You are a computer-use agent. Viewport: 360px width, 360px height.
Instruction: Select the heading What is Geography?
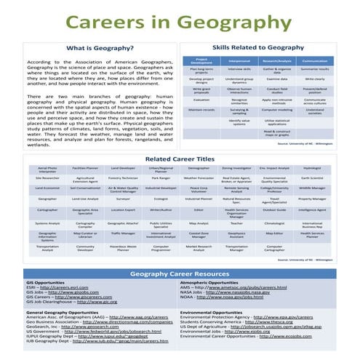pos(99,49)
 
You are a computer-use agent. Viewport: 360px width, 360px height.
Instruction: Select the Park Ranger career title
pos(160,177)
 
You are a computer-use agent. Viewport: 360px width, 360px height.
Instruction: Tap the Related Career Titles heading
pos(180,157)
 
